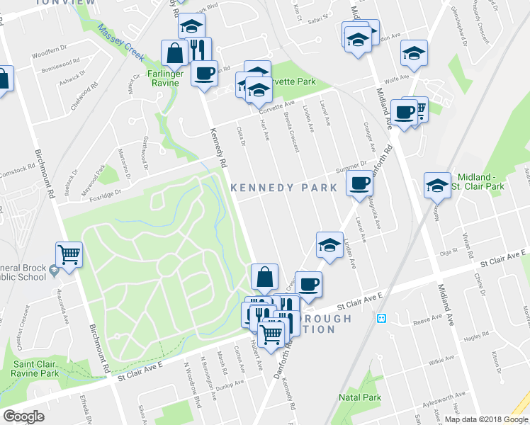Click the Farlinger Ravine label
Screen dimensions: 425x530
(167, 78)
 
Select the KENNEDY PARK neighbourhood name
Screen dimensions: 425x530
(283, 188)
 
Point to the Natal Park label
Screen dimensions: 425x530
(360, 397)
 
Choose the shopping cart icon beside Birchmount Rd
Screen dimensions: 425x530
(69, 254)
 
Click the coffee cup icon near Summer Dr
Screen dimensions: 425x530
(360, 184)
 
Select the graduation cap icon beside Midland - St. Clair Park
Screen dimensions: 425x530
(437, 186)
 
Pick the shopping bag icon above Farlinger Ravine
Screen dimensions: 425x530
(174, 52)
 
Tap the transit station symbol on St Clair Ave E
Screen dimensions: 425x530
(381, 319)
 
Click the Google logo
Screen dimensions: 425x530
(23, 416)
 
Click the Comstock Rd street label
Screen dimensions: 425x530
(18, 170)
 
